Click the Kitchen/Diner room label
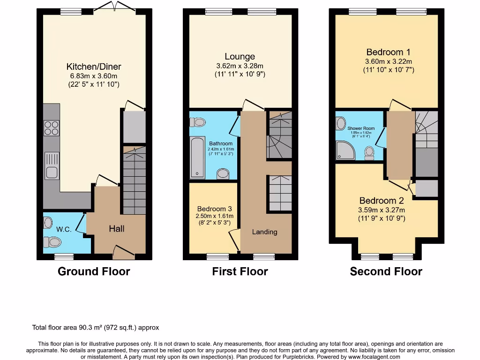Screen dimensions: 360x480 pos(94,67)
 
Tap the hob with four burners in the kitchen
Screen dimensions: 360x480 pos(52,127)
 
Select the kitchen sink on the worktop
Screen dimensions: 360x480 pos(52,166)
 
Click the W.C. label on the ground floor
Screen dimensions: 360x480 pos(63,230)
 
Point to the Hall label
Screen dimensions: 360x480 pos(116,229)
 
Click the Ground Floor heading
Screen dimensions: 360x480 pos(94,271)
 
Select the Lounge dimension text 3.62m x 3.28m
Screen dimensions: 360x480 pos(240,66)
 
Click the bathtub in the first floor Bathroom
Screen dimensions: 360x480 pos(197,158)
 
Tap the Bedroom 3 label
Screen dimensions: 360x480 pos(215,209)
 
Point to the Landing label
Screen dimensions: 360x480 pos(264,232)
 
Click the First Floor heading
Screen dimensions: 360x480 pos(240,271)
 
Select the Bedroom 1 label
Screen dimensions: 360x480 pos(388,52)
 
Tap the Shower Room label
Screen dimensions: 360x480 pos(361,127)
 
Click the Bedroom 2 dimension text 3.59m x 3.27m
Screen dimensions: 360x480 pos(382,210)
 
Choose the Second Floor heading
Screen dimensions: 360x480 pos(386,271)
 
